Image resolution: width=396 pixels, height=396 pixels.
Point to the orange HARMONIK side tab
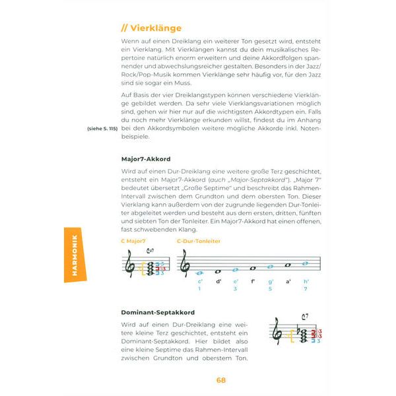(x=75, y=254)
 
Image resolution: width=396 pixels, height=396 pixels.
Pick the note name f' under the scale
(x=253, y=281)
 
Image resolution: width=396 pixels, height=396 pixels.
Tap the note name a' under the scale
(x=288, y=281)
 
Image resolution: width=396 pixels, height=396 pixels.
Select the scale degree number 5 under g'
(x=271, y=288)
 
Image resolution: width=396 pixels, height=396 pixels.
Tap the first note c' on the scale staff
(x=199, y=273)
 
